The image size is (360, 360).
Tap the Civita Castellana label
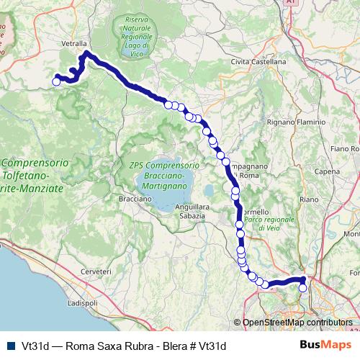[258, 62]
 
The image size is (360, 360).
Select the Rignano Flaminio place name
[297, 122]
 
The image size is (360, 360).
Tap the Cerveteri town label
[96, 271]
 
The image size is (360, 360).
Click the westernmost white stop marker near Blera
[56, 81]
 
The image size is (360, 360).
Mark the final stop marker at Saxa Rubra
[302, 288]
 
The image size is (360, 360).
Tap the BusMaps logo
[321, 345]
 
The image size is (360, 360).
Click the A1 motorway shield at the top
[289, 3]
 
